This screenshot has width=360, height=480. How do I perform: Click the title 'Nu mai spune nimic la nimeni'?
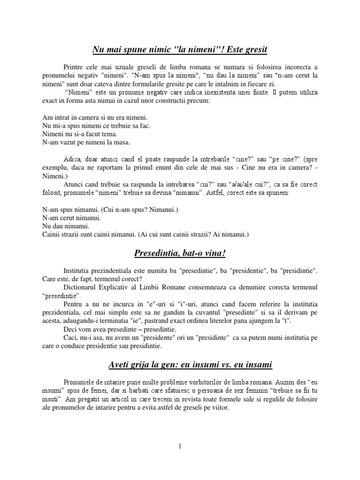click(180, 49)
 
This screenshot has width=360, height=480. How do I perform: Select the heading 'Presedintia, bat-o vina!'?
click(180, 254)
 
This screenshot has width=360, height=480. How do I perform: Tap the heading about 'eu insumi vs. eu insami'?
click(180, 364)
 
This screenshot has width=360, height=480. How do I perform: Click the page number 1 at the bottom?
click(180, 446)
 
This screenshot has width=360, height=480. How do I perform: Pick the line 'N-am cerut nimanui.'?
click(71, 218)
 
